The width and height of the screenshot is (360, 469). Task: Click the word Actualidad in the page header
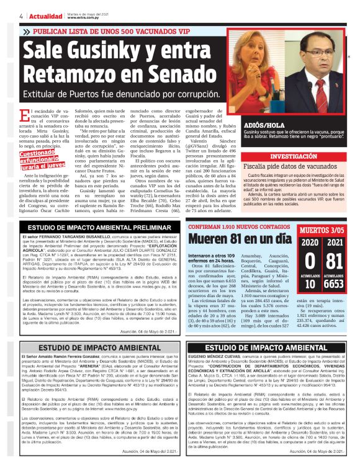(45, 15)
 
